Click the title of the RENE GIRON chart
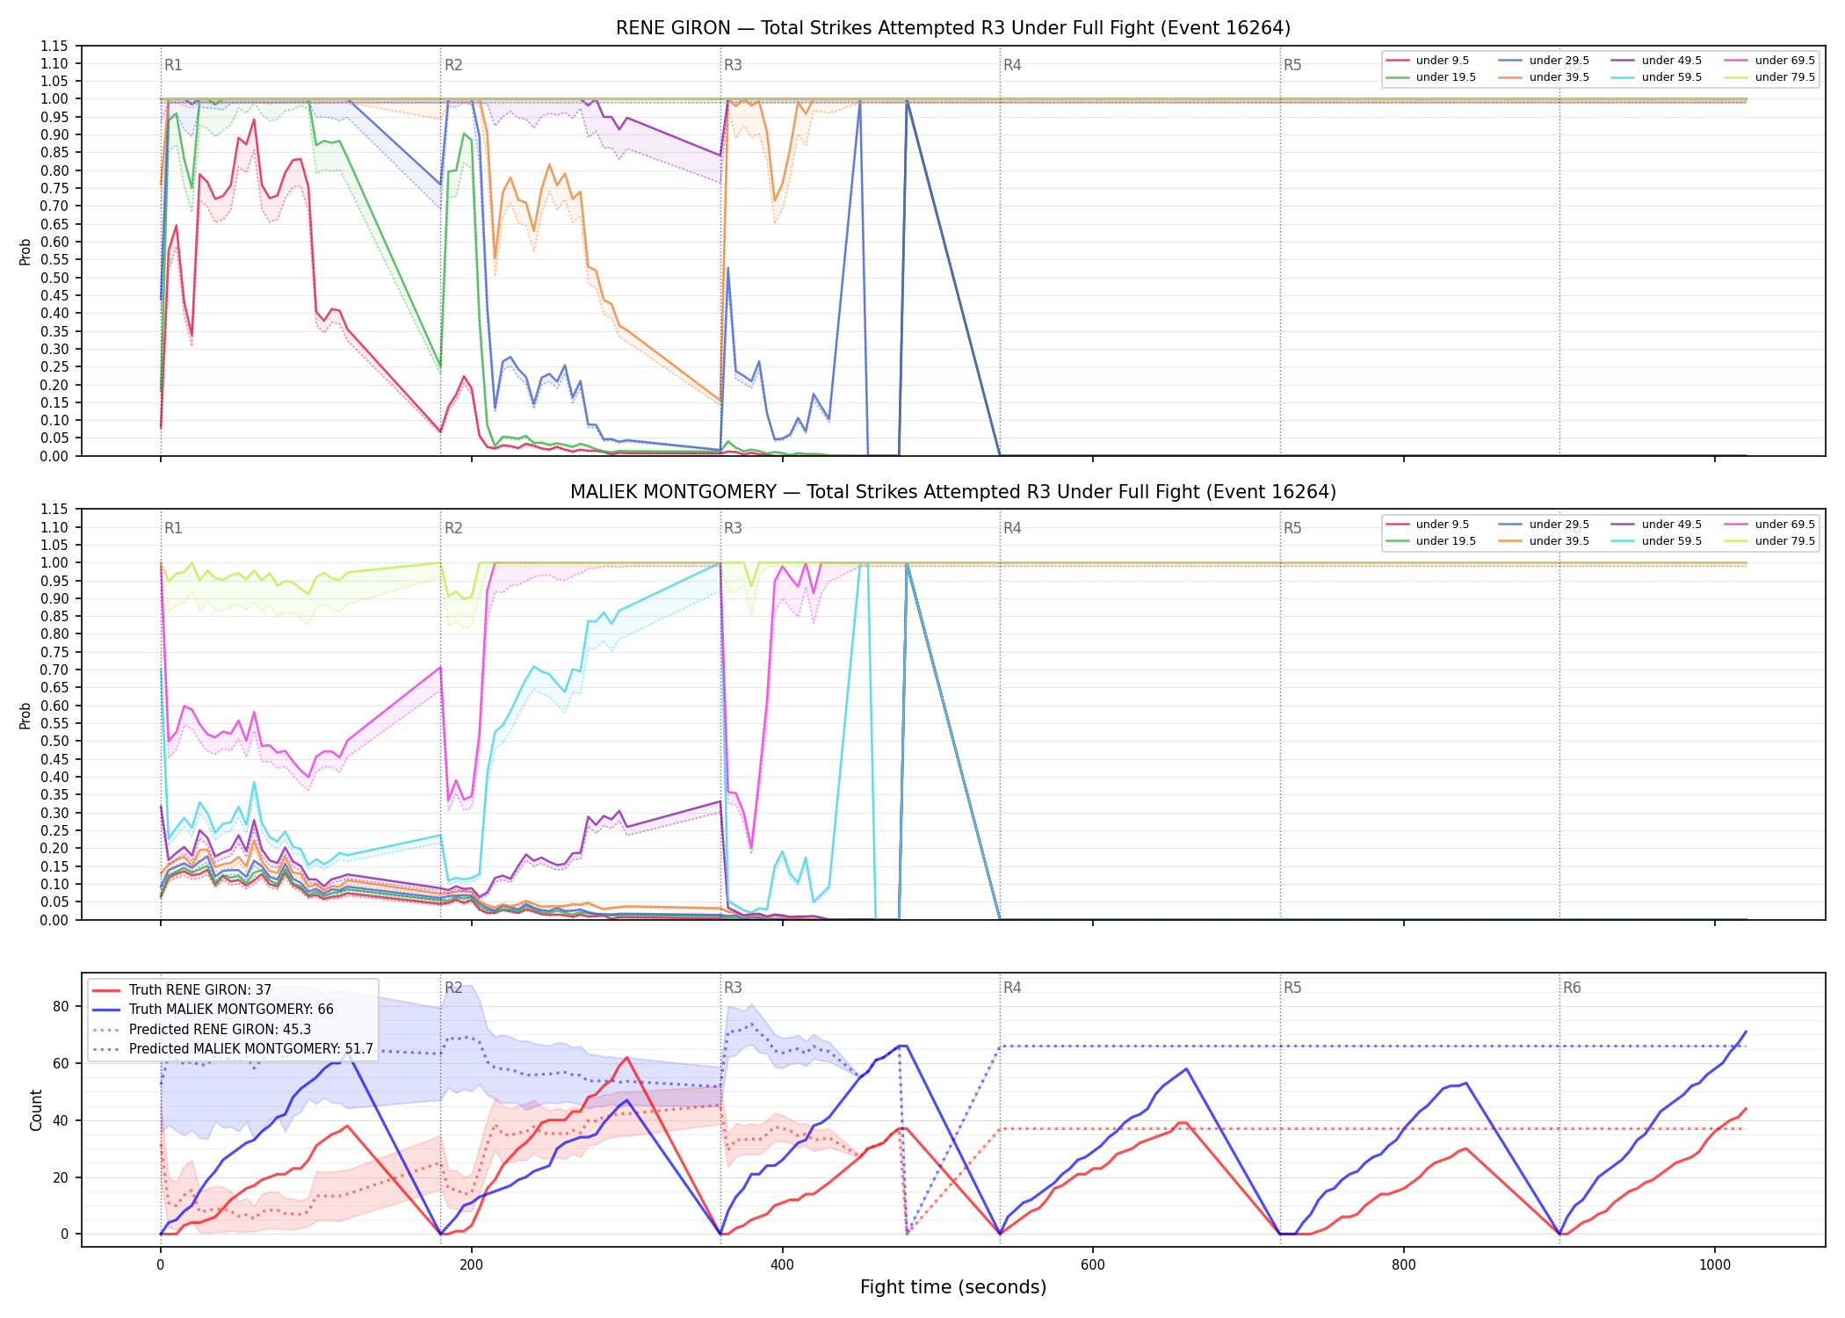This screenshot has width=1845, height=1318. point(953,28)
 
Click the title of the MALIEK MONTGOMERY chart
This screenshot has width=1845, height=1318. point(953,492)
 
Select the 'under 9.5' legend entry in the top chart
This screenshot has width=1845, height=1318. point(1428,61)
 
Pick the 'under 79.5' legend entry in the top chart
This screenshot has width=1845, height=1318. point(1769,77)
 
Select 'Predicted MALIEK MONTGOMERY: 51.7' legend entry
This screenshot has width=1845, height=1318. point(233,1049)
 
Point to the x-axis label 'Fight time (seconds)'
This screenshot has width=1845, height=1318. point(953,1287)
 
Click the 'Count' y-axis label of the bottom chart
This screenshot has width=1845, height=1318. point(36,1110)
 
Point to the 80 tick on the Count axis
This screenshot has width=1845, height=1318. point(61,1007)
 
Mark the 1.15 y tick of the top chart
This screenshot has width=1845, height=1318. point(55,46)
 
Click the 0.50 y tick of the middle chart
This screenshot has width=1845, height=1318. point(55,741)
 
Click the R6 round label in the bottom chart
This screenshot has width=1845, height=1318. point(1572,988)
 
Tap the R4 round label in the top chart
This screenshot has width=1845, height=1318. point(1012,65)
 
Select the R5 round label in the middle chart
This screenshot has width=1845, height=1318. point(1292,528)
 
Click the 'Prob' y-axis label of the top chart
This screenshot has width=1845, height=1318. point(25,252)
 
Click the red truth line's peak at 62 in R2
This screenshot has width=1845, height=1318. point(626,1058)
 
